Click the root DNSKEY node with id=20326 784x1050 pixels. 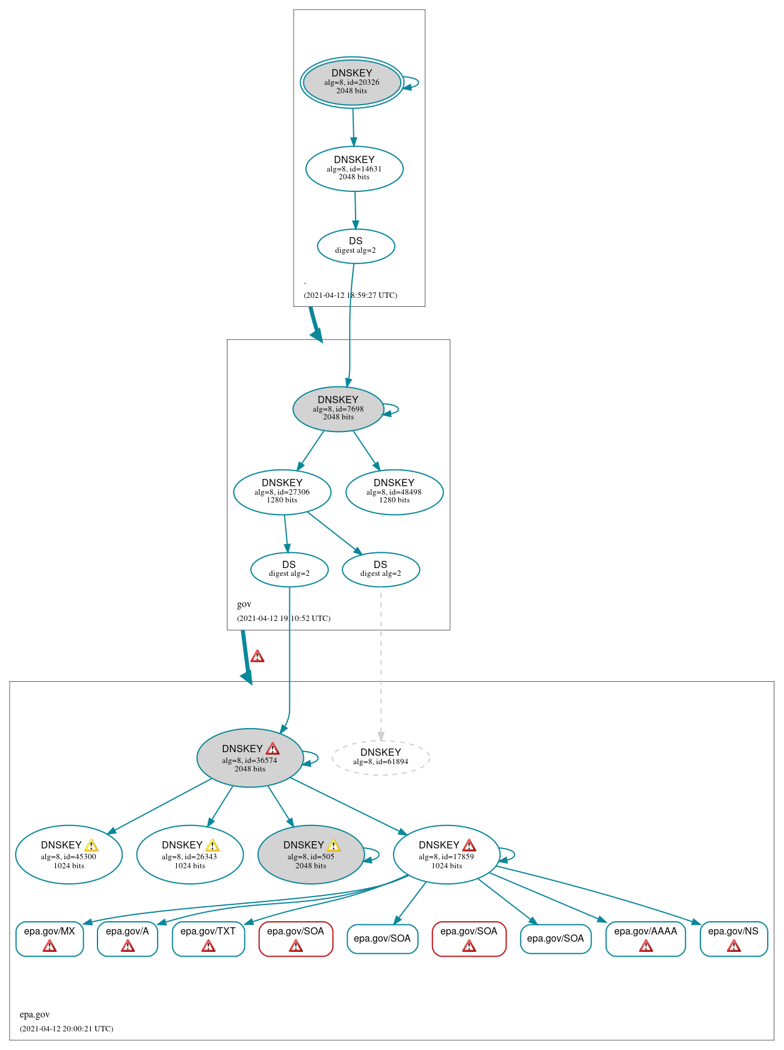pos(352,82)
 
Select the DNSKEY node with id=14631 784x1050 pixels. pos(354,168)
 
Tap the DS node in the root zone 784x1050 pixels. pos(356,246)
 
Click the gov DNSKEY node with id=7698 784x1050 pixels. pos(338,409)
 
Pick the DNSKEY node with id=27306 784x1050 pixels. pos(282,492)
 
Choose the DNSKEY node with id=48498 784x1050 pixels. pos(394,492)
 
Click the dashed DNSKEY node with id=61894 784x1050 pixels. pos(381,757)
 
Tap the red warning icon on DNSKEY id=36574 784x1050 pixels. pos(273,749)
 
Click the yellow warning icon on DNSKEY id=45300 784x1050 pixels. pos(91,845)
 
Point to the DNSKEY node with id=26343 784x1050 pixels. pos(190,854)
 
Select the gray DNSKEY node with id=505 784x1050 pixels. pos(310,854)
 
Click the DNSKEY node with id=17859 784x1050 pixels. pos(446,854)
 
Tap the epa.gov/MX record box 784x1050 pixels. pos(49,938)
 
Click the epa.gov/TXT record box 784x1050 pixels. pos(208,938)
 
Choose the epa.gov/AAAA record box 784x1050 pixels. pos(646,938)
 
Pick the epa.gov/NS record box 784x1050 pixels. pos(733,938)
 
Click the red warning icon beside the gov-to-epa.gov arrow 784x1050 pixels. pos(258,656)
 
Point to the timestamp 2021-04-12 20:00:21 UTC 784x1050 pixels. pos(66,1028)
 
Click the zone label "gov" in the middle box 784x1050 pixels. pos(244,604)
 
